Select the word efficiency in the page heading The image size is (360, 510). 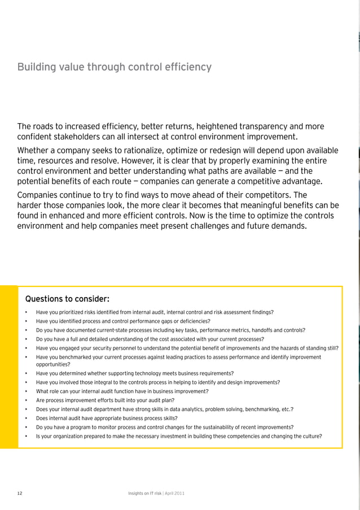click(187, 68)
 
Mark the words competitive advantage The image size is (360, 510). click(274, 181)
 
